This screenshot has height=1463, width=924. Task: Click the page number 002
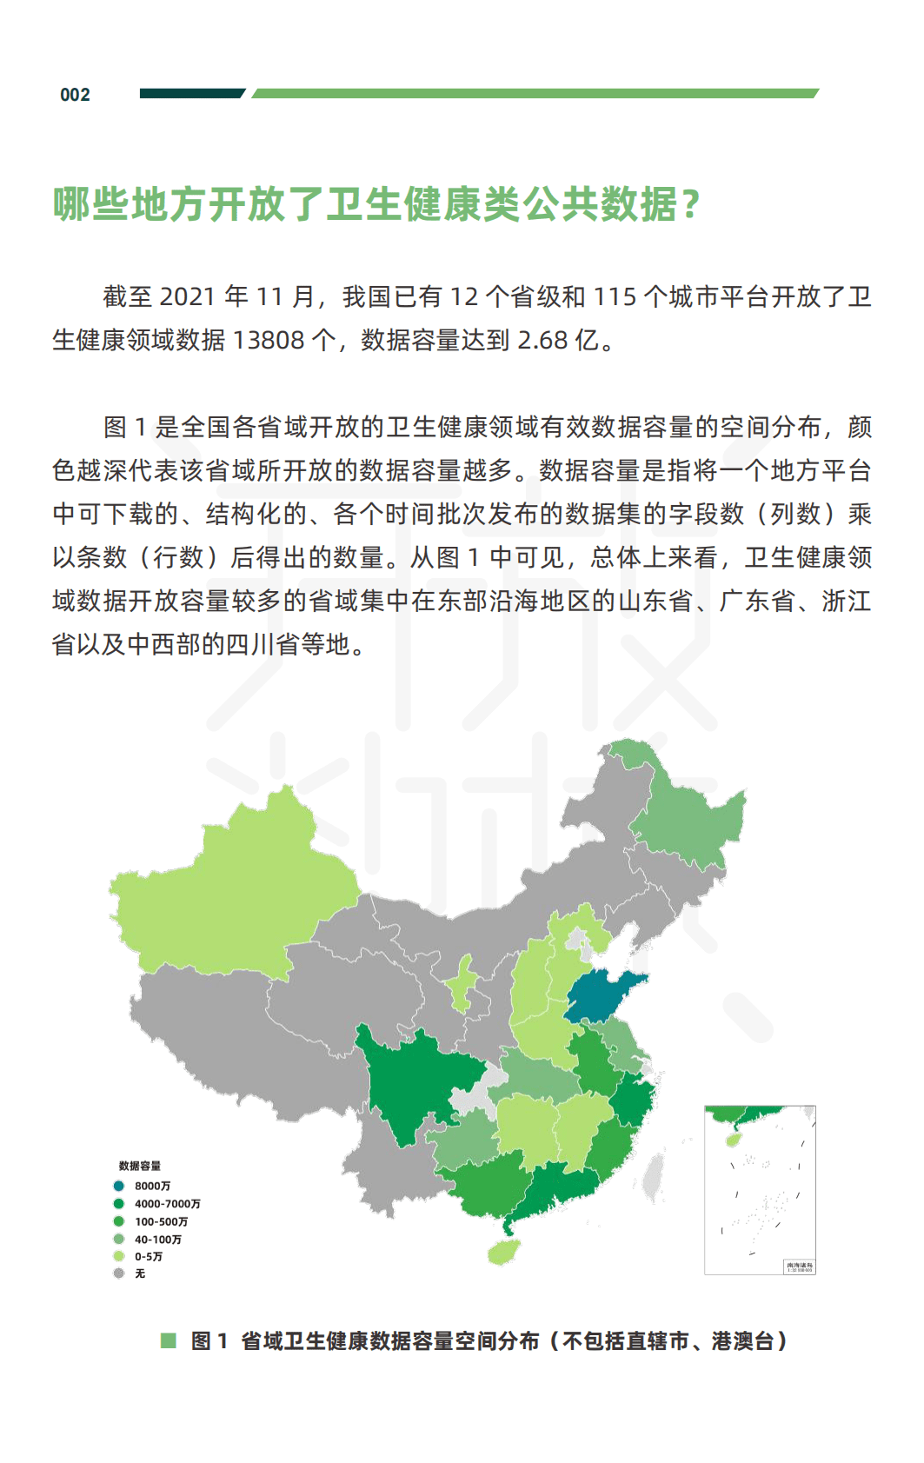(75, 95)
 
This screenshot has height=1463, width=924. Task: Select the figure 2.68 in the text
(542, 340)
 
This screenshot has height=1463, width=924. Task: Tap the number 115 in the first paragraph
(615, 297)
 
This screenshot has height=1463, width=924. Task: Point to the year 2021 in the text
(188, 297)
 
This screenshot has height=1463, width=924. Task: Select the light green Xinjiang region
(235, 895)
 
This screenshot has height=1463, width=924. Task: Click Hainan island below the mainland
(503, 1252)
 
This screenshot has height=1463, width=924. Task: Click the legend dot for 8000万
(119, 1186)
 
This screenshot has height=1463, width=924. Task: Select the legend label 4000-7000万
(167, 1204)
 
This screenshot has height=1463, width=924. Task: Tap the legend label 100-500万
(161, 1221)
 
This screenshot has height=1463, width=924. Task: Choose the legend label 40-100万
(157, 1240)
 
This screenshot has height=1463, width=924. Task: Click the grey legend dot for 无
(119, 1273)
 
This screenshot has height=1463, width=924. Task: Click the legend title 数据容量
(140, 1166)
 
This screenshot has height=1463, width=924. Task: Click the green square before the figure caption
(169, 1340)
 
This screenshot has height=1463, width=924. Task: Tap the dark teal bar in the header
(191, 93)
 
